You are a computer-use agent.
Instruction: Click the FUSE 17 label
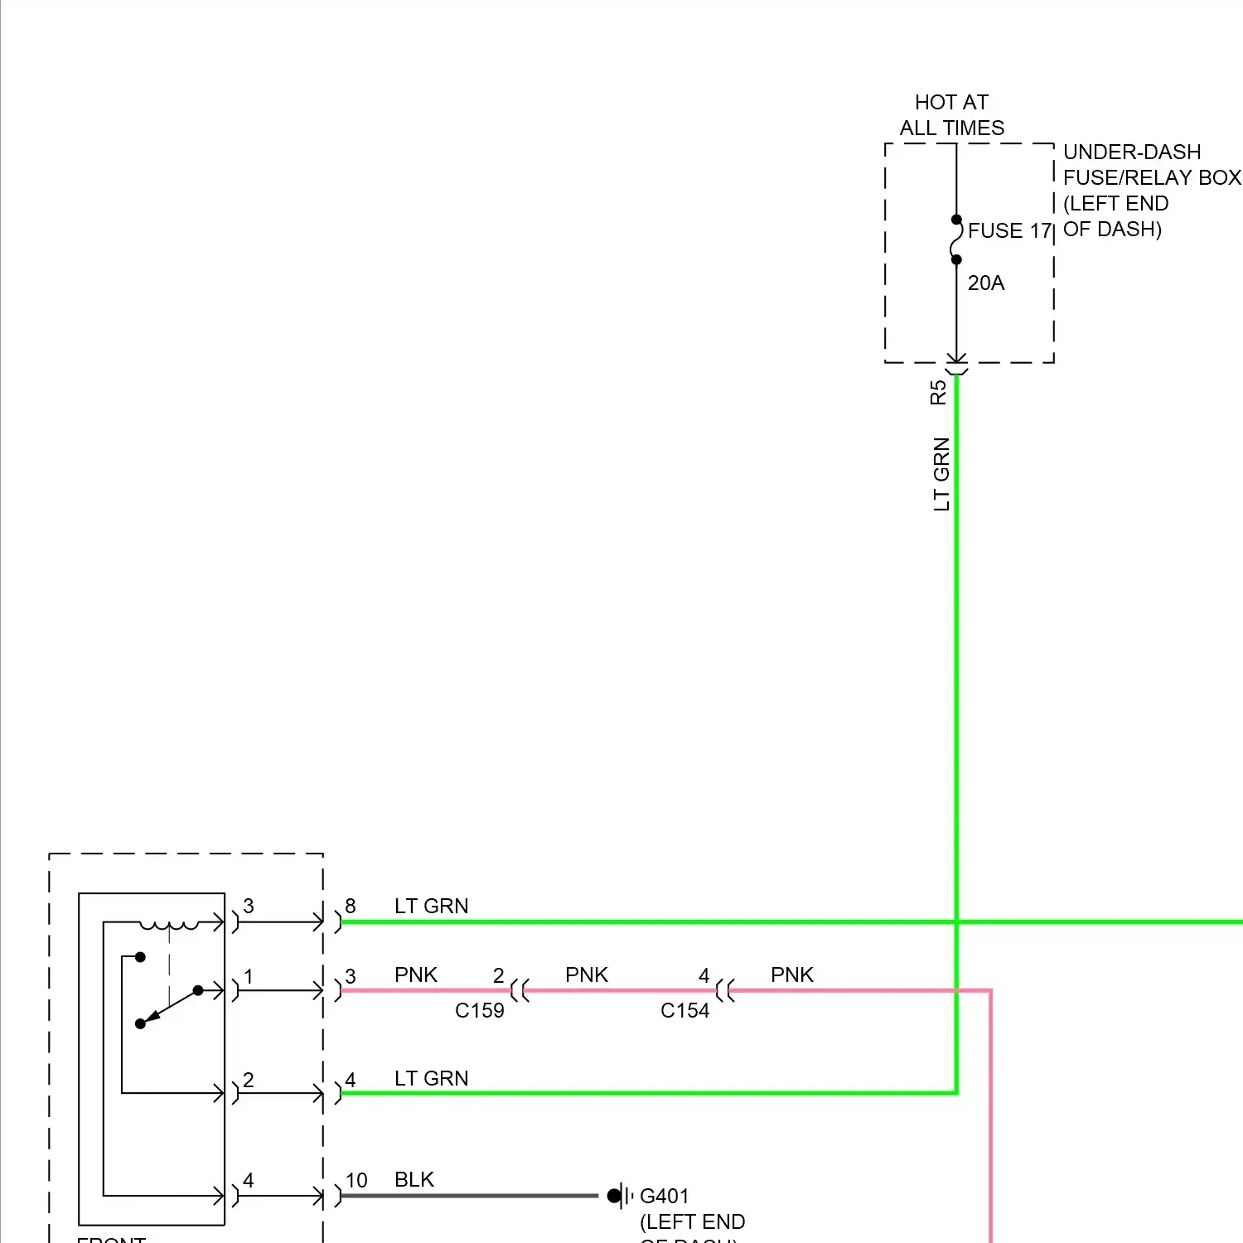point(1008,230)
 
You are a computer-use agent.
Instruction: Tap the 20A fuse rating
point(985,283)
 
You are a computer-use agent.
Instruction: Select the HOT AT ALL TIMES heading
point(951,115)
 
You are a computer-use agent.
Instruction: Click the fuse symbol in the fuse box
point(956,239)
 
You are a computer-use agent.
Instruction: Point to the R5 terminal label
point(938,392)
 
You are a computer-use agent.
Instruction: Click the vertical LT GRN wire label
point(941,474)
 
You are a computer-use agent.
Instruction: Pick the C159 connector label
point(479,1010)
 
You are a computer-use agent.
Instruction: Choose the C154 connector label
point(684,1010)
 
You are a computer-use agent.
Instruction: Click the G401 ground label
point(664,1196)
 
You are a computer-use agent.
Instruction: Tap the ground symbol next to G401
point(621,1196)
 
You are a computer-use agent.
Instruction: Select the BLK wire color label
point(414,1179)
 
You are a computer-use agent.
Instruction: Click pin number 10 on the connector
point(356,1180)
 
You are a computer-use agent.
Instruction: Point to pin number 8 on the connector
point(351,906)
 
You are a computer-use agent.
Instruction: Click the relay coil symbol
point(169,924)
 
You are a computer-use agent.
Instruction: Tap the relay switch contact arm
point(170,1007)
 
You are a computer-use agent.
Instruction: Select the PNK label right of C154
point(791,975)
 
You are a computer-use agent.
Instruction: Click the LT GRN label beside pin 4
point(431,1078)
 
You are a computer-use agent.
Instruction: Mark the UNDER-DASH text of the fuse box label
point(1131,152)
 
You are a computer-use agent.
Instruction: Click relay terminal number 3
point(248,906)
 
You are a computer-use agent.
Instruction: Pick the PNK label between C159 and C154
point(586,975)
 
